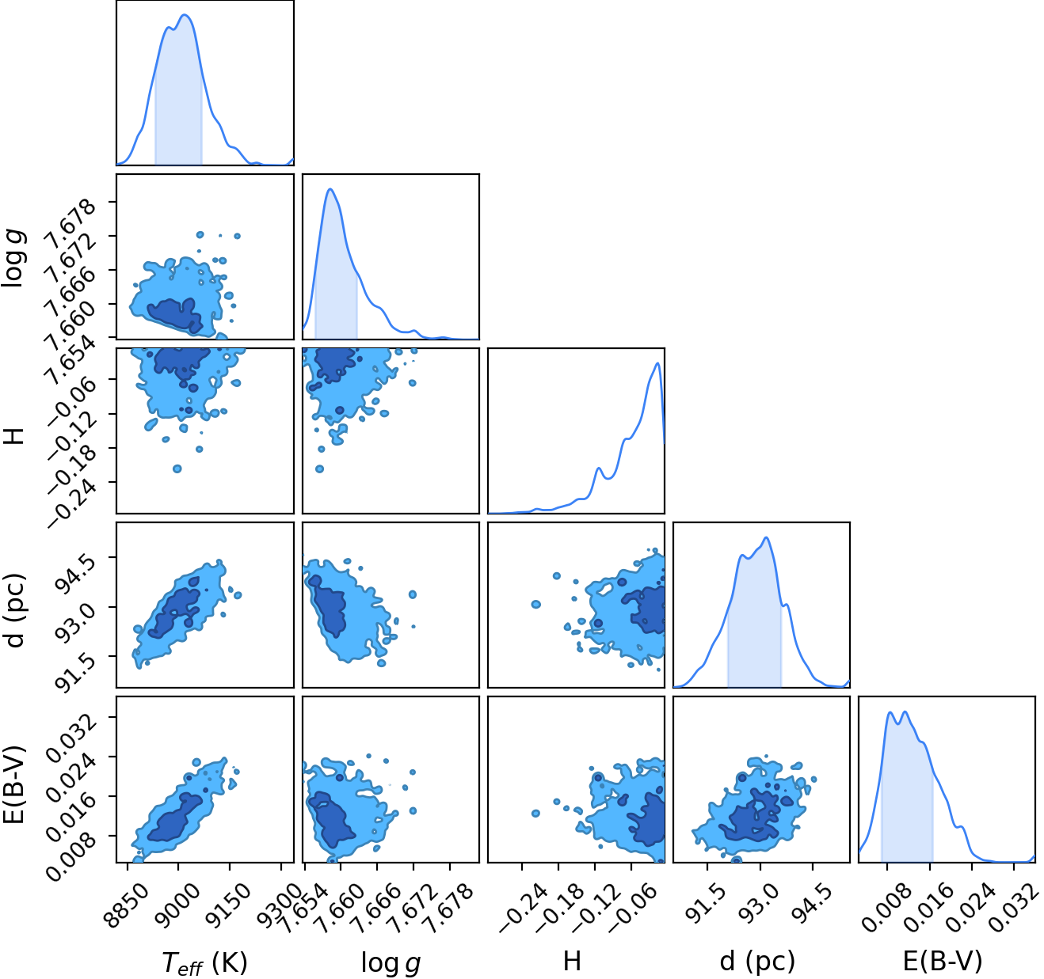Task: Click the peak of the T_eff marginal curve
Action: point(185,15)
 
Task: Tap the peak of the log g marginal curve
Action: point(330,188)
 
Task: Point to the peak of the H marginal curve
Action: point(657,362)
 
